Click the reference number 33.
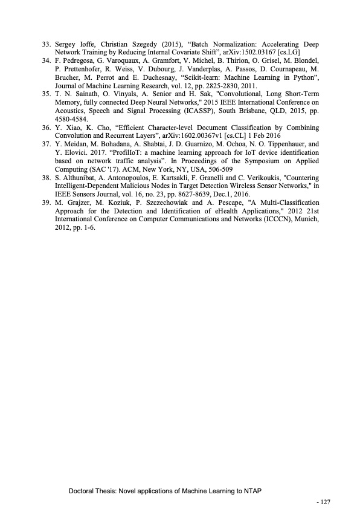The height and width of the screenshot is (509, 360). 45,45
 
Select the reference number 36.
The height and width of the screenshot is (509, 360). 45,128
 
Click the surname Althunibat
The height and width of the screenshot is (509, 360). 80,178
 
